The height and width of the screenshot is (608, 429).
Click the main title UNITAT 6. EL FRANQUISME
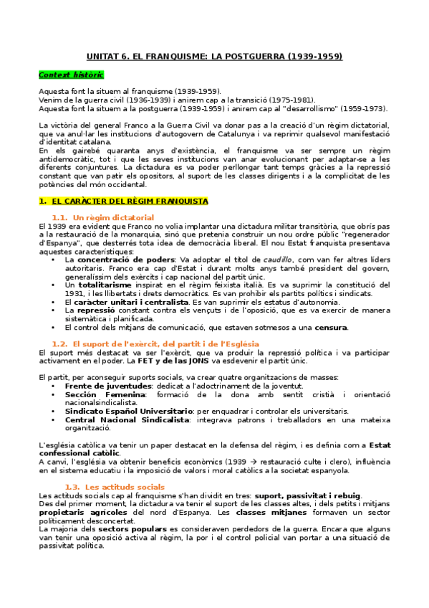click(214, 56)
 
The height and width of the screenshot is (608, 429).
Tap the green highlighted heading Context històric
click(71, 75)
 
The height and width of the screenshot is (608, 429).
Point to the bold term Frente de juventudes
click(102, 386)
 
